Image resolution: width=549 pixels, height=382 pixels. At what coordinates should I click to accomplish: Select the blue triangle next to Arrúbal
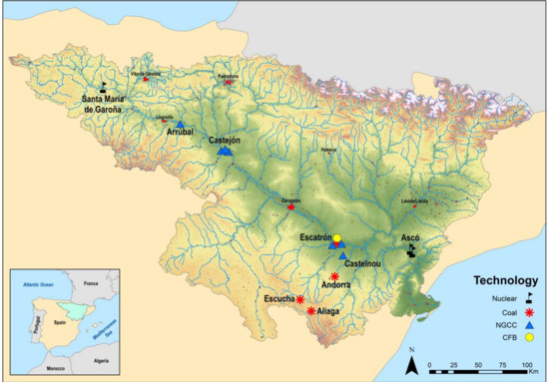click(181, 124)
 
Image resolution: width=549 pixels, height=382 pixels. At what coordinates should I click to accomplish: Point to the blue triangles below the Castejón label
click(225, 152)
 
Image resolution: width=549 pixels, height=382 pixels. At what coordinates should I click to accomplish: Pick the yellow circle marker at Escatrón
click(337, 237)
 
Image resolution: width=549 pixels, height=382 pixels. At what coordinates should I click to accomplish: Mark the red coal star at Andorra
click(334, 276)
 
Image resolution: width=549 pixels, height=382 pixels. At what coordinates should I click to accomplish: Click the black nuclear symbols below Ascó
click(410, 253)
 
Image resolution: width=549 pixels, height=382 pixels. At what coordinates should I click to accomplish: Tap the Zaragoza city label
click(290, 200)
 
